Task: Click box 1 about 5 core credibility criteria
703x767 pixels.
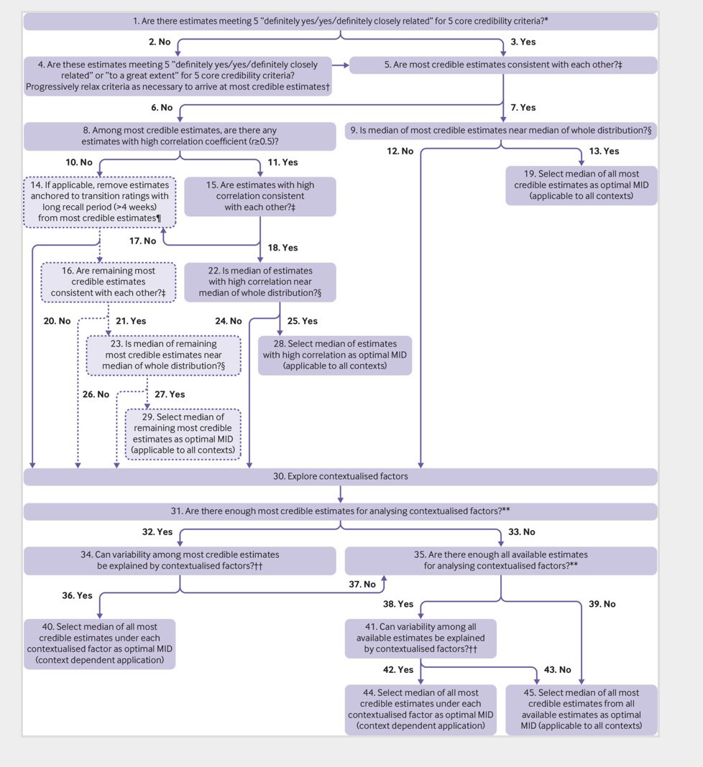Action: (340, 22)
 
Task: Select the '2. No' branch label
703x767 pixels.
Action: (160, 42)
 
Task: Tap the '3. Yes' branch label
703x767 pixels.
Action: (523, 42)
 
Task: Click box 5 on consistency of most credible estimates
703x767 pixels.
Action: (503, 65)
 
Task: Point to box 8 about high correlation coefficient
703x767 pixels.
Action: (180, 136)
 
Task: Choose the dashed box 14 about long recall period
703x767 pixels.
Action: (99, 202)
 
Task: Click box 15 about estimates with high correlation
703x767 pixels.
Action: (260, 196)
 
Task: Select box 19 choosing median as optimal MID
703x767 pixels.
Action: (581, 185)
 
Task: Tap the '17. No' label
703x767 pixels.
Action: (142, 241)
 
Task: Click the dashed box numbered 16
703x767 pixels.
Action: (109, 282)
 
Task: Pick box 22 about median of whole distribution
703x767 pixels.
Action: (260, 282)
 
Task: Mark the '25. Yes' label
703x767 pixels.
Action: (302, 321)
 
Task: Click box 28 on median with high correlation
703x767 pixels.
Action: (335, 355)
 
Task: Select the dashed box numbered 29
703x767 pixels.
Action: (183, 434)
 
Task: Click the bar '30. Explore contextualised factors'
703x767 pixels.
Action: (340, 477)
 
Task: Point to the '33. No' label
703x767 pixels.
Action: (521, 532)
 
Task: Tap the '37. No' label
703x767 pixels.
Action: (362, 585)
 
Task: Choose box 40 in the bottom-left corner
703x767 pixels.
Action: (99, 643)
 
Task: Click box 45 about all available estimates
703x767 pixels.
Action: (581, 710)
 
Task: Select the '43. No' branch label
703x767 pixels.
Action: (558, 670)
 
